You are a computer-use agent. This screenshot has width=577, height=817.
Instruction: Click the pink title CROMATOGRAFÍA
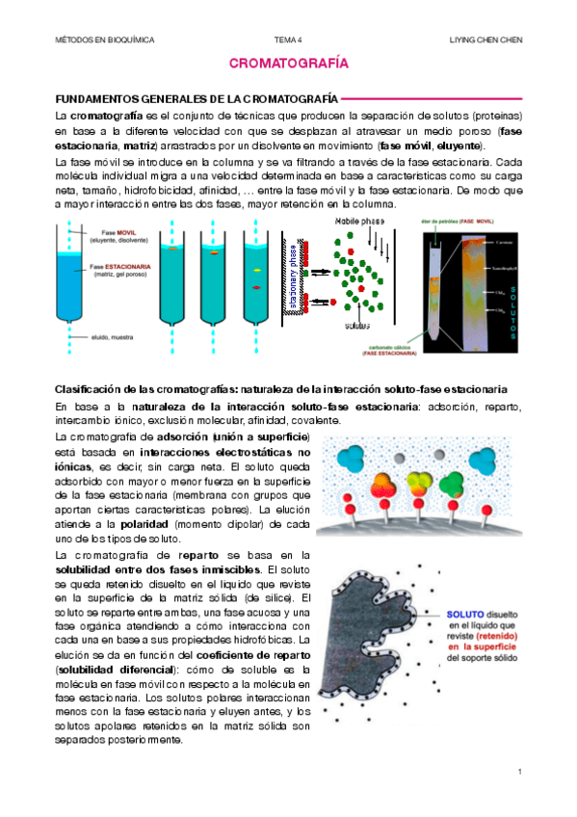[x=288, y=64]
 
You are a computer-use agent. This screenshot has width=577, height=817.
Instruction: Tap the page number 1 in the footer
[x=519, y=772]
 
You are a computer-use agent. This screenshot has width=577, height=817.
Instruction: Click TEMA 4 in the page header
[x=288, y=40]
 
